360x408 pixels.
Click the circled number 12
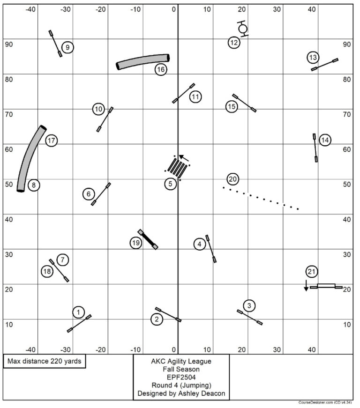tap(234, 43)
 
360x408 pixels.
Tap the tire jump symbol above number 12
tap(242, 29)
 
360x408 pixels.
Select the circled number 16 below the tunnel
tap(161, 69)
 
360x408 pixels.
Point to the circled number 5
tap(171, 184)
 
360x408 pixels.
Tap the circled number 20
tap(233, 179)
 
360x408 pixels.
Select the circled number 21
tap(312, 271)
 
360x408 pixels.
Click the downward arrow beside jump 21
tap(306, 285)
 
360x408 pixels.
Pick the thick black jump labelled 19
tap(148, 239)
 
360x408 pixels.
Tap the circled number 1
tap(79, 312)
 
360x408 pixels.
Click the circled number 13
tap(313, 58)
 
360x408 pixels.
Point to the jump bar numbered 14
tap(315, 148)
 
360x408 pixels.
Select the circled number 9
tap(67, 47)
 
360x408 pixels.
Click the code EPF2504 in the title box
tap(181, 377)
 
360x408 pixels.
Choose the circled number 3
tap(249, 306)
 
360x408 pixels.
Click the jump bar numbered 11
tap(183, 93)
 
